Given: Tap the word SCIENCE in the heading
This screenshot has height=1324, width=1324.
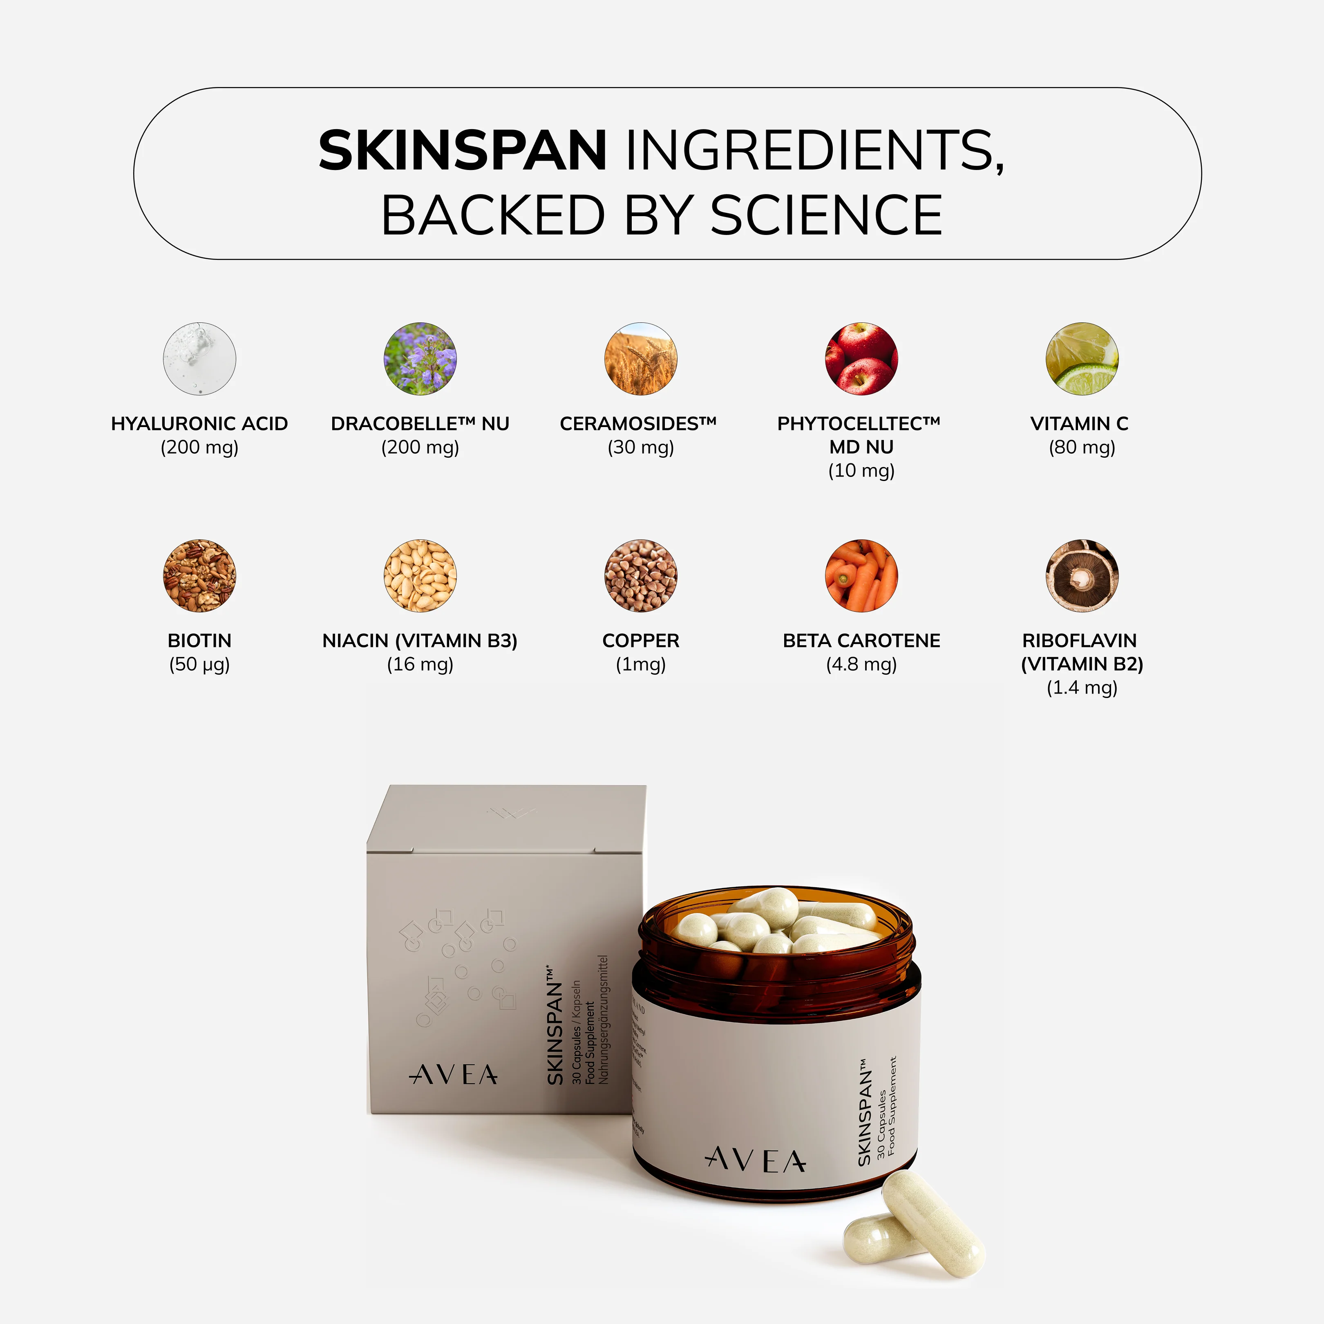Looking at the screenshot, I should (x=826, y=215).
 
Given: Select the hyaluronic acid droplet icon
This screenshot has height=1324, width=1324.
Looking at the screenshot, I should (x=199, y=359).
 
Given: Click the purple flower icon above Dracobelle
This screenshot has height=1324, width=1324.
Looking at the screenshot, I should (x=420, y=359).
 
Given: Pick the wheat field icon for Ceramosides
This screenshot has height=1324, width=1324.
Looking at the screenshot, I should (x=641, y=359).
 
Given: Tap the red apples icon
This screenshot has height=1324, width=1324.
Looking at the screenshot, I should (x=861, y=359).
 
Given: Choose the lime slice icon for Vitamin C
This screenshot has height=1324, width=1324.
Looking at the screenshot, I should (x=1082, y=359).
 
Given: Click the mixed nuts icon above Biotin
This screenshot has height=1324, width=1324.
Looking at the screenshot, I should (x=199, y=576).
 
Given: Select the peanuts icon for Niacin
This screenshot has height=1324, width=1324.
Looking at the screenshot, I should (x=420, y=576).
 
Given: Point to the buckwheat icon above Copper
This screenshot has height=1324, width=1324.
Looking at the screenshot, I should (x=641, y=576).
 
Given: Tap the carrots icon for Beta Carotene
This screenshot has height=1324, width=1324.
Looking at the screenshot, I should (x=861, y=576).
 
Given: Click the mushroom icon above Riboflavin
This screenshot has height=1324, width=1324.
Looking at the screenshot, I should (x=1082, y=576).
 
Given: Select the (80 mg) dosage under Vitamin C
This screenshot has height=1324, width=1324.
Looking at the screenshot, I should (x=1082, y=447).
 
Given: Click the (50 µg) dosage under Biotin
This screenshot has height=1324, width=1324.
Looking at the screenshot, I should (x=199, y=664).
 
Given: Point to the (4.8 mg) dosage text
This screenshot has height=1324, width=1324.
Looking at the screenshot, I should (x=861, y=664).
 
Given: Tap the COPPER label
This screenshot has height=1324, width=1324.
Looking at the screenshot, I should (x=641, y=641).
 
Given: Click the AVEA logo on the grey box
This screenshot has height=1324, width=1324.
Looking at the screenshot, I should (x=454, y=1075).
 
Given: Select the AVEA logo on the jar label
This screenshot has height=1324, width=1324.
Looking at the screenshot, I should (x=756, y=1160).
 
